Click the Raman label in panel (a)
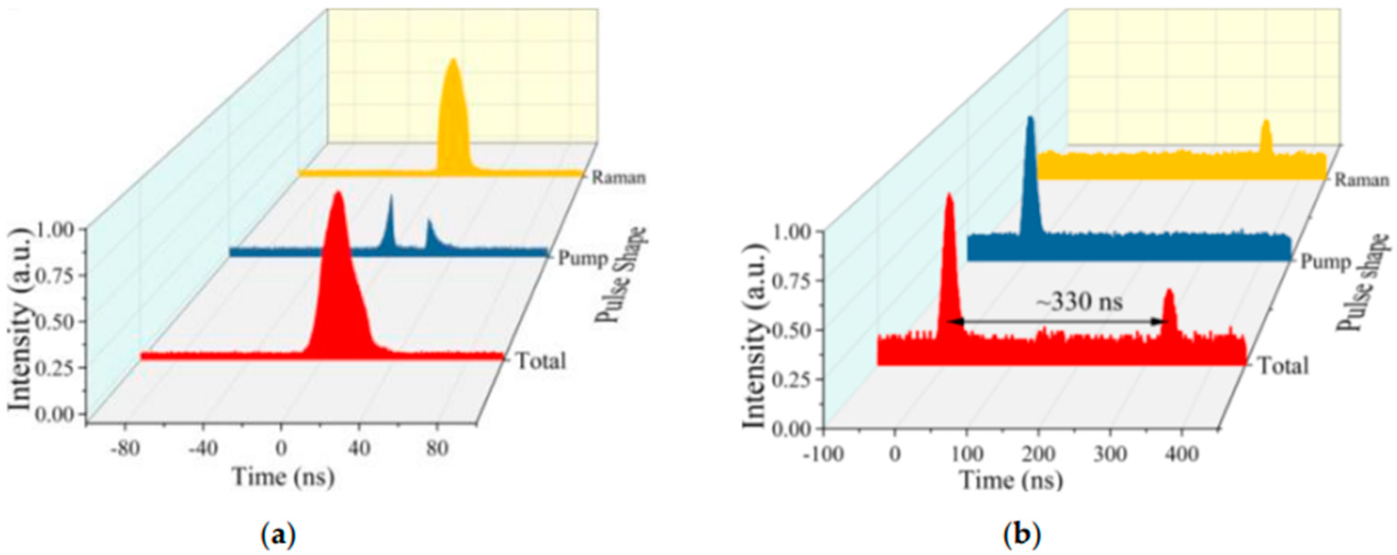[x=619, y=177]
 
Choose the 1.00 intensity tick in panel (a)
[x=58, y=230]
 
